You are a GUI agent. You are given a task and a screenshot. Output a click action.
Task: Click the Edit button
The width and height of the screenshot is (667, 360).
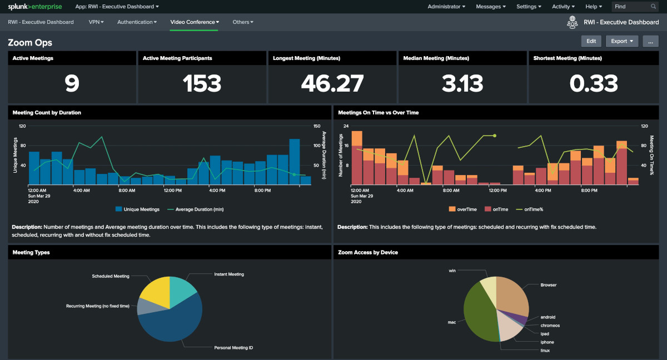(x=591, y=41)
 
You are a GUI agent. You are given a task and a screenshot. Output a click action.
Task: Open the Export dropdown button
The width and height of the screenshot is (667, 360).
(x=621, y=41)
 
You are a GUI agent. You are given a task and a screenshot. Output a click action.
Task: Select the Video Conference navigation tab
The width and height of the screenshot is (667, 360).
(x=194, y=22)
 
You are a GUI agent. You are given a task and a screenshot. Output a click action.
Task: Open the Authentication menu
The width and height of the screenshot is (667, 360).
(x=137, y=22)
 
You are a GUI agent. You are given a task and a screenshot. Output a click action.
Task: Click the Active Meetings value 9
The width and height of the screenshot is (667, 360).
(x=72, y=83)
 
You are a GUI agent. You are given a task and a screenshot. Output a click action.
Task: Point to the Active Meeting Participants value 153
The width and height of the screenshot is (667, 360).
(x=202, y=83)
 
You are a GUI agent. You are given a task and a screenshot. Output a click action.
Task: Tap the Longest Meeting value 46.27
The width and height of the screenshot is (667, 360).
(x=332, y=83)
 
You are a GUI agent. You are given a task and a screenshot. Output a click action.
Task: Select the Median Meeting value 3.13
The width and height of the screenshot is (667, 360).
(x=462, y=83)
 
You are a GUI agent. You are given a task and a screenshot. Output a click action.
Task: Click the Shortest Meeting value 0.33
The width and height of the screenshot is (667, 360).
(x=593, y=83)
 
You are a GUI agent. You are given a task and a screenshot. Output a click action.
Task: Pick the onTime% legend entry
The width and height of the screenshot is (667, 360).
(x=532, y=209)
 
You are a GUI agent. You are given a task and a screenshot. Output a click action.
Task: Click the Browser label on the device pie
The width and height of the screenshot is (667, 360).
(x=548, y=285)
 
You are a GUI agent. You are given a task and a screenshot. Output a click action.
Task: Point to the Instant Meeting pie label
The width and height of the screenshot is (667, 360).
(x=229, y=274)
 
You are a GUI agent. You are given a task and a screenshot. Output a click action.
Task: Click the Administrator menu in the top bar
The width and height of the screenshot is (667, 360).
(x=446, y=7)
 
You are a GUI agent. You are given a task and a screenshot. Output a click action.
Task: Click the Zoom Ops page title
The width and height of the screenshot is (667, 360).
(x=30, y=43)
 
